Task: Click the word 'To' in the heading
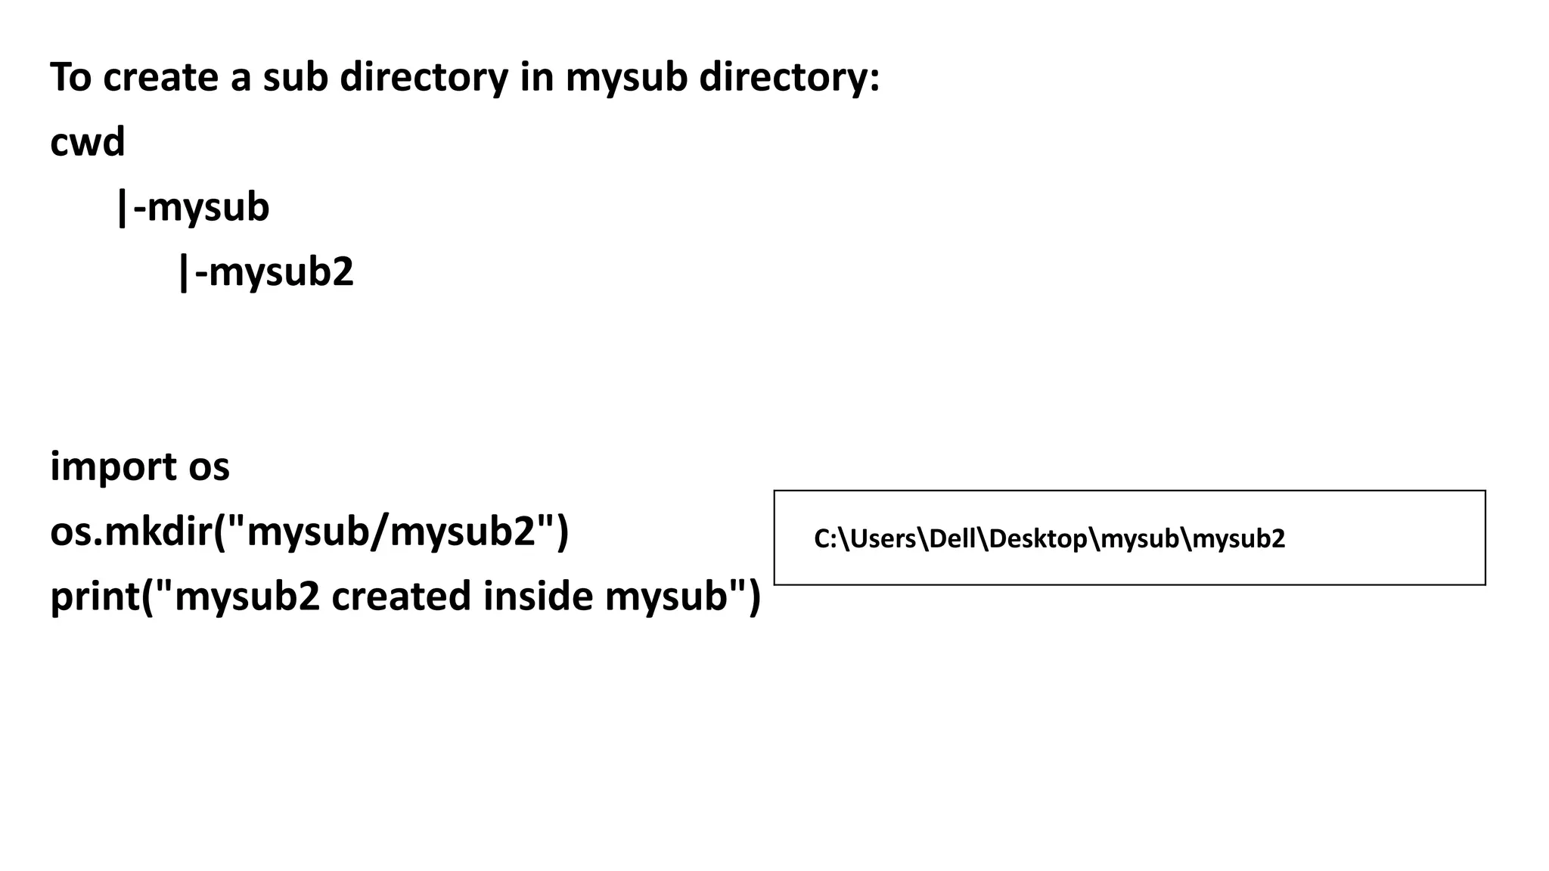[x=70, y=77]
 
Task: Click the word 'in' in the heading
[x=536, y=77]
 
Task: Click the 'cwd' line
[x=87, y=142]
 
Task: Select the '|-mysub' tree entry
[x=193, y=207]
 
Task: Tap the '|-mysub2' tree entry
[x=265, y=272]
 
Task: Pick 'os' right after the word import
[x=209, y=466]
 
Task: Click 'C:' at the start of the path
[x=823, y=539]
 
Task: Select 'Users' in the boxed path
[x=883, y=539]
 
